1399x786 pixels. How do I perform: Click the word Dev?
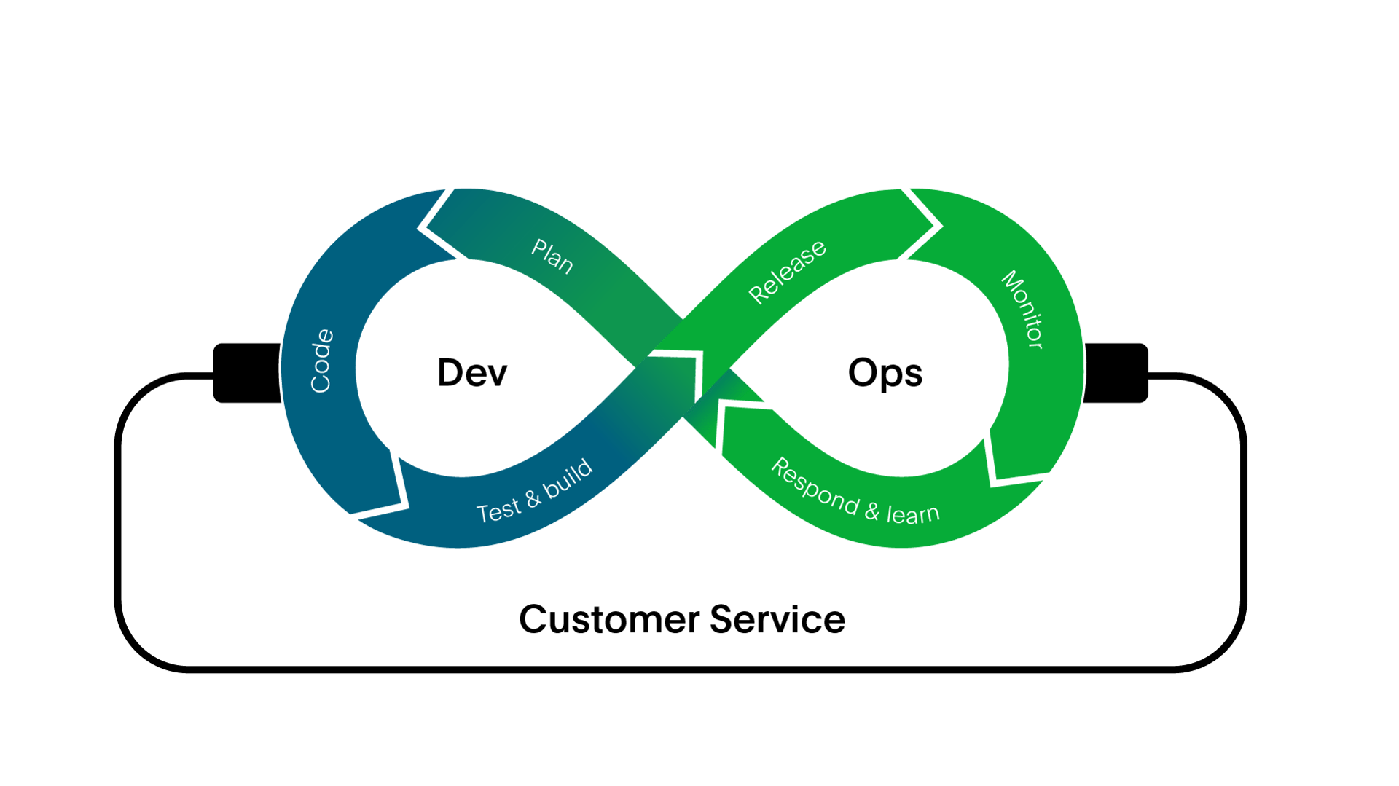(x=471, y=373)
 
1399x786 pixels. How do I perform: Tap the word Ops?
(x=885, y=374)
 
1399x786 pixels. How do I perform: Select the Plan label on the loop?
(x=552, y=256)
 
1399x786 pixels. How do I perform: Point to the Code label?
(x=321, y=361)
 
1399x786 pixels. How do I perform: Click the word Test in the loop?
(x=498, y=510)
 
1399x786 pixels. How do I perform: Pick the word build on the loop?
(x=568, y=479)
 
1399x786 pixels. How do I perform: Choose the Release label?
(x=787, y=271)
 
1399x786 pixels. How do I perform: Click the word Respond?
(x=815, y=486)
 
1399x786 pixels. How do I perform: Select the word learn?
(x=913, y=514)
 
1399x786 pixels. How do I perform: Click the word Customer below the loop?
(x=609, y=620)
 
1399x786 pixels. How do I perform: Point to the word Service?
(x=777, y=620)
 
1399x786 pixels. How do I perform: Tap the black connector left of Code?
(x=246, y=372)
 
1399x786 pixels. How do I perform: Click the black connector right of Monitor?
(x=1116, y=372)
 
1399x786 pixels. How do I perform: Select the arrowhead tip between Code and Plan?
(x=424, y=228)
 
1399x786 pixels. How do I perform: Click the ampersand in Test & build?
(x=533, y=498)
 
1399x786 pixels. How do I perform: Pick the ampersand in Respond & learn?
(x=872, y=511)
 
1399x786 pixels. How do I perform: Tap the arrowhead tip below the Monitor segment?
(x=995, y=477)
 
